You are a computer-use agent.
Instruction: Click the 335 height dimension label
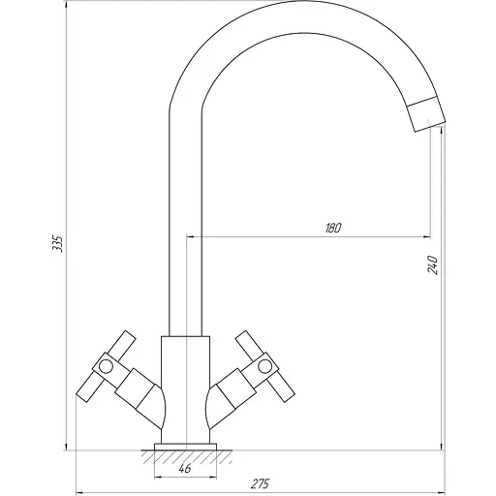(58, 244)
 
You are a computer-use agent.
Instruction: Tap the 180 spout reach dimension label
(333, 228)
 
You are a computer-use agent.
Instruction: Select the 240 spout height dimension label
(433, 264)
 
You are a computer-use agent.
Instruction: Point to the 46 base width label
(185, 468)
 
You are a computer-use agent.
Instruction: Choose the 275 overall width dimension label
(260, 483)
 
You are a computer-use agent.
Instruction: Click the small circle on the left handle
(106, 366)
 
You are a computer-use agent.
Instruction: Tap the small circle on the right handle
(265, 366)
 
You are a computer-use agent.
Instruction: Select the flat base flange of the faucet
(185, 448)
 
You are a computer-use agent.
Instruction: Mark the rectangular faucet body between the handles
(185, 389)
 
